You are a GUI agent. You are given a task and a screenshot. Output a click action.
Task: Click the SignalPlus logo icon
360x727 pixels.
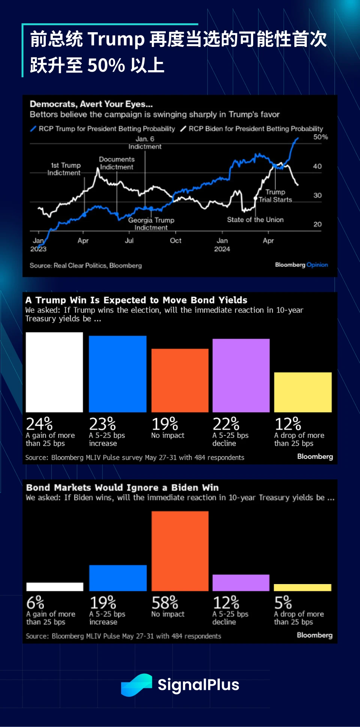136,685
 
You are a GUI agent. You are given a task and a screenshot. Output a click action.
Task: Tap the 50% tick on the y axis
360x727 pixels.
320,137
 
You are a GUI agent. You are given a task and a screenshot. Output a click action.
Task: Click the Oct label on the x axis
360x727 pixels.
175,241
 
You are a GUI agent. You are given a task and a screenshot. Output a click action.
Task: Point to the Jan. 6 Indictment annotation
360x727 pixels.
145,143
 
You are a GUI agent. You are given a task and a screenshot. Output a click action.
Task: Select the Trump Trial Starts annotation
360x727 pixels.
275,196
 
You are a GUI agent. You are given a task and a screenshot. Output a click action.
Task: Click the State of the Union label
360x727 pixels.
255,220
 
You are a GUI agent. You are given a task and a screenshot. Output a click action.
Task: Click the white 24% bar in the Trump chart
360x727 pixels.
54,372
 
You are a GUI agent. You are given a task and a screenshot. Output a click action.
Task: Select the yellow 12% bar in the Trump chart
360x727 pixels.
303,392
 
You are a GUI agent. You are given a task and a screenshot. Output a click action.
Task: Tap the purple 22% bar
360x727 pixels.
241,375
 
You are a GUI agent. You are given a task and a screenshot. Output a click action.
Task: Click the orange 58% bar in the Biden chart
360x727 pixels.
180,551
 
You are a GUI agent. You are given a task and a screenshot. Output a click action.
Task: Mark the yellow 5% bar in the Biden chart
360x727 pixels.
303,587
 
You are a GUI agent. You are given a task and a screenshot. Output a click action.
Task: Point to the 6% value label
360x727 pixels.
35,603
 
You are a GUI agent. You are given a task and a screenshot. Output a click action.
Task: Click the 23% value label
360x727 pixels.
102,424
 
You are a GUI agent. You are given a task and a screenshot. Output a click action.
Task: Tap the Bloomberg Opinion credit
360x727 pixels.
301,265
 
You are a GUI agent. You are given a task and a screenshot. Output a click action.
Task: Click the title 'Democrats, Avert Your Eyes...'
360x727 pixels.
91,104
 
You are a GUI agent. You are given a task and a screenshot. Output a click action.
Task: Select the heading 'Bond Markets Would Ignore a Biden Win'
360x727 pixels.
122,488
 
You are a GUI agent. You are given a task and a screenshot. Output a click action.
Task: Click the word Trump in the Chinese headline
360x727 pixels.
116,39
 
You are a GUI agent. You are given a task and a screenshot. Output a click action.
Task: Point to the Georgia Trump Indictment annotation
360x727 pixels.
151,224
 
